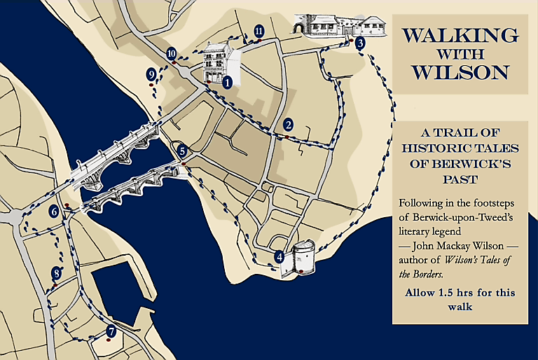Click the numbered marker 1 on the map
pos(227,82)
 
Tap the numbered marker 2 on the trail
pos(288,125)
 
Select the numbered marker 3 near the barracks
pos(360,43)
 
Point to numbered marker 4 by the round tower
pos(280,257)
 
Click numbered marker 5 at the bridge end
pos(181,150)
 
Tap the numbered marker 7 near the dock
pos(111,331)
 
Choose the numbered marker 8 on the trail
pos(57,273)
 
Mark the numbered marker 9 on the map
pos(151,74)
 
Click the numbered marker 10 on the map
pos(172,53)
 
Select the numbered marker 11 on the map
pos(259,31)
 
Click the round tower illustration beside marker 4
pos(303,257)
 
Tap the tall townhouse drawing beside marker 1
pos(217,62)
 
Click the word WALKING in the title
pos(460,36)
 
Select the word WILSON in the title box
pos(460,72)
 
